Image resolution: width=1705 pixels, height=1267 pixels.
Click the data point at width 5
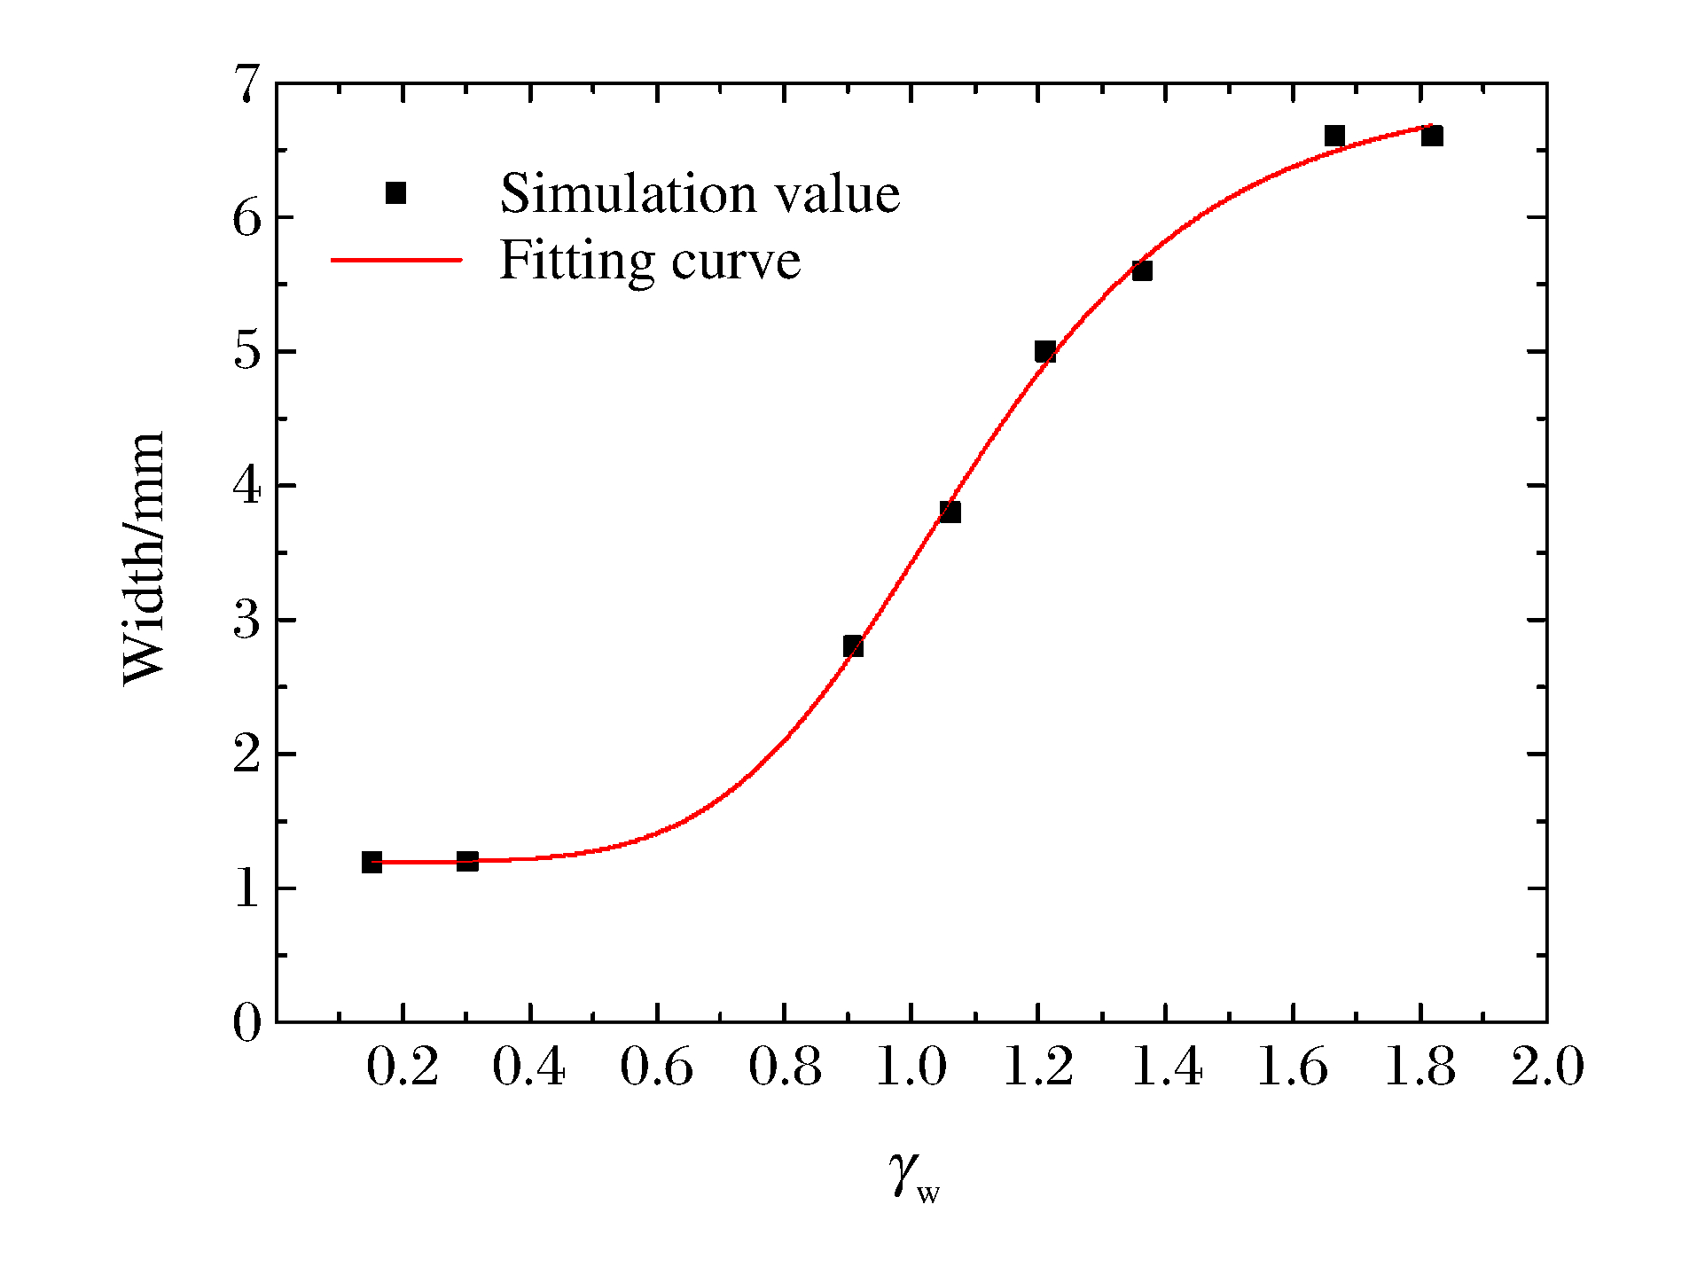[x=1045, y=352]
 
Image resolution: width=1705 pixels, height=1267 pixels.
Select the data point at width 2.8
[x=853, y=646]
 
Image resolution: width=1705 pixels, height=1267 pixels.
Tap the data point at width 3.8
[x=950, y=512]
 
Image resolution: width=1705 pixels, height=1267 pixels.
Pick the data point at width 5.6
[x=1142, y=270]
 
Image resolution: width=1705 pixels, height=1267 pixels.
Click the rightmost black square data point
[x=1432, y=137]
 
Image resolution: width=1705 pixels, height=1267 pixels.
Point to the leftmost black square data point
[x=372, y=862]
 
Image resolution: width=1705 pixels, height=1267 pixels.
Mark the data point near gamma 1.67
[x=1334, y=137]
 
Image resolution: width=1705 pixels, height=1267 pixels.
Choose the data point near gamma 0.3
[x=467, y=861]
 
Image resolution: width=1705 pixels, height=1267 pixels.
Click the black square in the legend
[x=395, y=193]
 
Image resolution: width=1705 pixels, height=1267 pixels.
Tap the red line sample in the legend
[x=396, y=261]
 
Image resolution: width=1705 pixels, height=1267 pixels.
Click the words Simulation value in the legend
[x=700, y=193]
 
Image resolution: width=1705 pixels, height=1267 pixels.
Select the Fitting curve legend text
[x=650, y=261]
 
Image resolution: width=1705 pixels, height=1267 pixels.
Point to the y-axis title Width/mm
[x=145, y=559]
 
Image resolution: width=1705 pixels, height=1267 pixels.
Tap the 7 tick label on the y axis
[x=247, y=84]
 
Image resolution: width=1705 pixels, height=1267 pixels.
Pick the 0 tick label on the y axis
[x=247, y=1023]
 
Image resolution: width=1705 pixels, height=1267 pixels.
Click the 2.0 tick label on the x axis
[x=1547, y=1067]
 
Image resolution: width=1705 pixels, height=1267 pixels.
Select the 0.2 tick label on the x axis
[x=403, y=1067]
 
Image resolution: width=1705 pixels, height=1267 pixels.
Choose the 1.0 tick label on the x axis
[x=911, y=1067]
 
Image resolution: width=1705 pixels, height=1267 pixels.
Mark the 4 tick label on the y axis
[x=247, y=486]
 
